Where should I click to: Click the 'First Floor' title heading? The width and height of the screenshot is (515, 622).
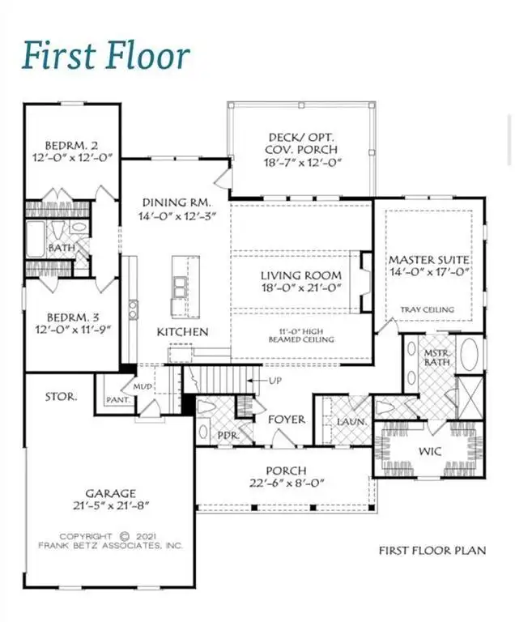pos(106,55)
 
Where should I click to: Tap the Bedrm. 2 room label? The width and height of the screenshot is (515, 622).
pos(71,145)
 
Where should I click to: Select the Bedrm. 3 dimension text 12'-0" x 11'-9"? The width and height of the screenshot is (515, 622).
pos(72,330)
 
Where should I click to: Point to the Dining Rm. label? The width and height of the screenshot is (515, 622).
pos(177,202)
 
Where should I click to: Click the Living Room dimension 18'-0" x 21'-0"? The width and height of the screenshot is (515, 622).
pos(301,288)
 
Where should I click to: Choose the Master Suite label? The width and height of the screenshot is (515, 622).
pos(428,260)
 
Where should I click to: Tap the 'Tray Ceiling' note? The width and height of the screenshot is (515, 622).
pos(428,309)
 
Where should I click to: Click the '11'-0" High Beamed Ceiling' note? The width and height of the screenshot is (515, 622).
pos(301,335)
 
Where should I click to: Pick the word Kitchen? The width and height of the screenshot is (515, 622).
pos(182,332)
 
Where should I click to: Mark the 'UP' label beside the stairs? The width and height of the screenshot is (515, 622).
pos(275,381)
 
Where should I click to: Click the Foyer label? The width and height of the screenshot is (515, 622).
pos(287,420)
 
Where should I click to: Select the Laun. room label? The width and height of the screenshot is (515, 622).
pos(351,422)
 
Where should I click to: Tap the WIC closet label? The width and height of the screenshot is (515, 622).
pos(430,451)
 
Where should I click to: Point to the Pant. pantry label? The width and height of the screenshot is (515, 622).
pos(118,400)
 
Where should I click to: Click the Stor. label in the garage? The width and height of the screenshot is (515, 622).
pos(61,397)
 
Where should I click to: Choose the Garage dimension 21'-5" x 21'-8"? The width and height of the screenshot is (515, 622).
pos(111,505)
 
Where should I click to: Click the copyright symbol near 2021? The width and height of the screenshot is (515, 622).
pos(125,537)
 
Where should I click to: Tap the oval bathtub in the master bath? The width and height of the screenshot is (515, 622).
pos(469,354)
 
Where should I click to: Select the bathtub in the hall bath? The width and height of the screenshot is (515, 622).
pos(36,240)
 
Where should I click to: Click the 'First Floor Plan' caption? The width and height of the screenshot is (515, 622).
pos(432,551)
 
